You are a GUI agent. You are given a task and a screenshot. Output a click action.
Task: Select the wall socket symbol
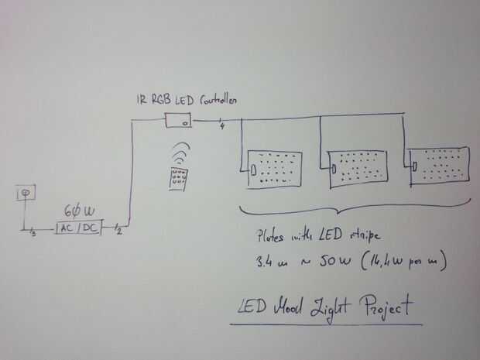[x=26, y=191]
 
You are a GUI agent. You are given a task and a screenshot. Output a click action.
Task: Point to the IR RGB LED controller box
[x=178, y=120]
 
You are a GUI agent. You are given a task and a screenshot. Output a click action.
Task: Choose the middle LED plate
[x=357, y=167]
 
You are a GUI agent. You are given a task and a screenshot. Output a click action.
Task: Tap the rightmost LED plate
[x=439, y=164]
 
